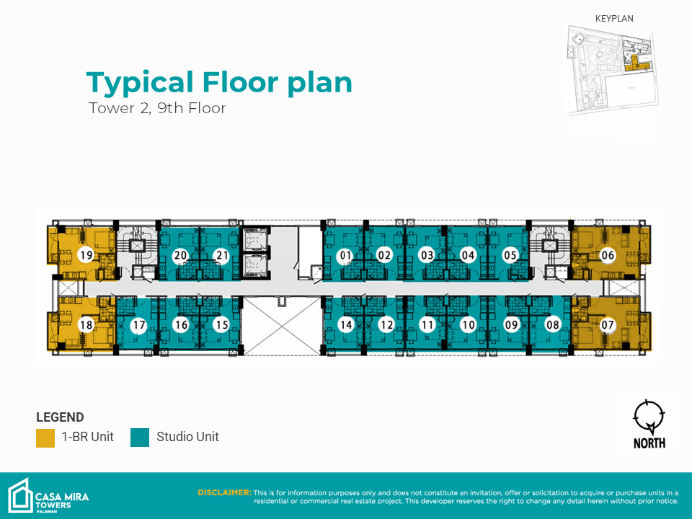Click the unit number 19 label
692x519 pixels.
[x=86, y=254]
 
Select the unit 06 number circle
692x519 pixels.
[x=608, y=254]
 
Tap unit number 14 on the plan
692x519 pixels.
[x=346, y=325]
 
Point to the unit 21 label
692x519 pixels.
[x=221, y=255]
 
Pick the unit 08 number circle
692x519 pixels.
[x=553, y=325]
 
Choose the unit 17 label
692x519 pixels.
[x=139, y=325]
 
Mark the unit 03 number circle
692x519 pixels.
[x=427, y=255]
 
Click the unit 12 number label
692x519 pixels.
[x=386, y=325]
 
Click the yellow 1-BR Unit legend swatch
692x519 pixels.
[x=45, y=438]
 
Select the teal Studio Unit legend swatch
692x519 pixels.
[x=140, y=438]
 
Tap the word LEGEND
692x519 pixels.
[x=60, y=417]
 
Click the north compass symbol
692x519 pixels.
[x=649, y=417]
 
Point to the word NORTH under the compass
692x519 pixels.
[x=649, y=443]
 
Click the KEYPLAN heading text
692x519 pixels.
[x=614, y=19]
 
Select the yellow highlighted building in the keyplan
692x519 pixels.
[x=636, y=63]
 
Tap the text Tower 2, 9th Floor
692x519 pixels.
[x=158, y=108]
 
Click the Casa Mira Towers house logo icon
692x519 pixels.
[x=20, y=496]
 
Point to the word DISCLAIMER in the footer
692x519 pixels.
[x=224, y=492]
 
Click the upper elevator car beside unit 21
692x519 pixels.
[x=254, y=241]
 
